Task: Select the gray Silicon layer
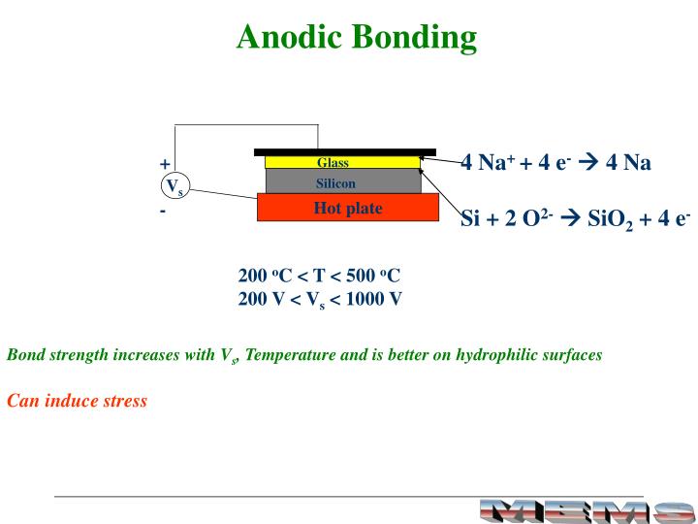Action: click(342, 182)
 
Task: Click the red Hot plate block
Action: click(347, 208)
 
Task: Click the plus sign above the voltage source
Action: click(165, 164)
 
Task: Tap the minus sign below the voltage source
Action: click(163, 210)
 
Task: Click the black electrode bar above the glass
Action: click(344, 152)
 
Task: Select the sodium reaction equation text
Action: click(555, 162)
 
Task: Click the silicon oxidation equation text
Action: click(575, 218)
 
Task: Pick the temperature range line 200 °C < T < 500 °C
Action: click(319, 275)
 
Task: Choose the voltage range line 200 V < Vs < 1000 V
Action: click(320, 299)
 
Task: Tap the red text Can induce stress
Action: click(78, 401)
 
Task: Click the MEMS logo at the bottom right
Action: click(587, 509)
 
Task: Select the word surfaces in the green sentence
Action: click(571, 355)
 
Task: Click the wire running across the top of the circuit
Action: click(247, 126)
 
